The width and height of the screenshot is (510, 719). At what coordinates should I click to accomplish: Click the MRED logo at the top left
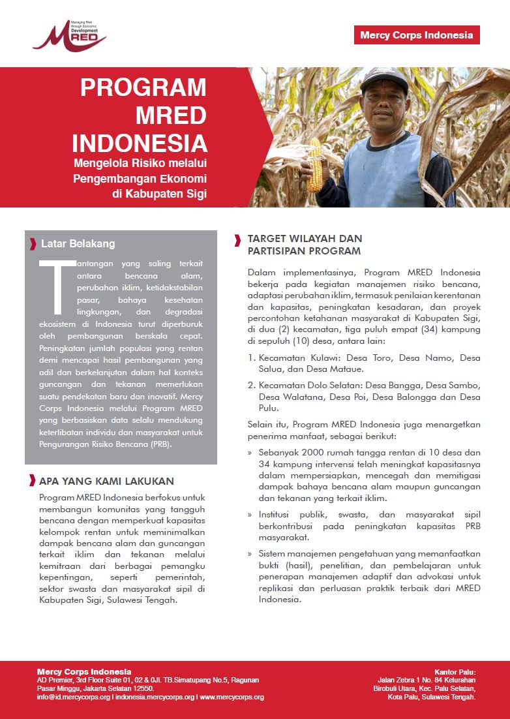(69, 36)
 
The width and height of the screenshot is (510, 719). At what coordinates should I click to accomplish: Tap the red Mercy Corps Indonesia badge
(417, 35)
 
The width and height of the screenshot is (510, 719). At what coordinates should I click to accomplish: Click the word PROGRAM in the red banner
(143, 87)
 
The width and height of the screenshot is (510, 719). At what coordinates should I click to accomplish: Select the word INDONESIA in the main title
(140, 144)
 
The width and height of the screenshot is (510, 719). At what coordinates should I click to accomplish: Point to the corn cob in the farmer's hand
(315, 164)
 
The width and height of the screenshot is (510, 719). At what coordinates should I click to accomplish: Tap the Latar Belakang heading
(78, 243)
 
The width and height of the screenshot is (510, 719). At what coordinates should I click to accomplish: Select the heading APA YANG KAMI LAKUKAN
(106, 482)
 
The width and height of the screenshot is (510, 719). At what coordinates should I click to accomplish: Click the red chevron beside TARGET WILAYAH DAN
(237, 239)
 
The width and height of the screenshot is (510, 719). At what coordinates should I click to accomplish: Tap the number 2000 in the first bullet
(311, 451)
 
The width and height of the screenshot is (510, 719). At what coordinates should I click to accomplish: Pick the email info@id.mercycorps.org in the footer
(74, 697)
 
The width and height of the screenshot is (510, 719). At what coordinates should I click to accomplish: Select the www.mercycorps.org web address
(232, 697)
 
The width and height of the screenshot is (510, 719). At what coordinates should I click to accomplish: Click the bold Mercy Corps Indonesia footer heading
(84, 671)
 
